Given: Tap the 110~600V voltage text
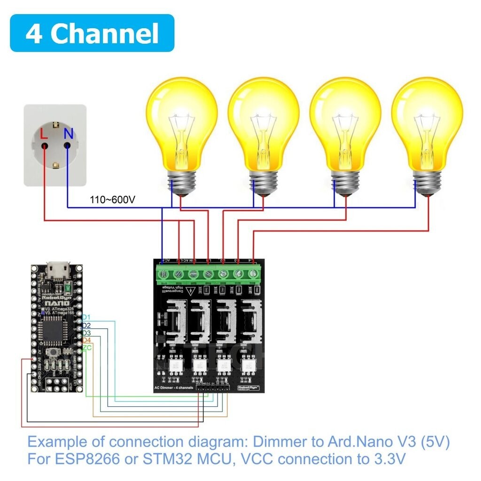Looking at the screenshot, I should coord(113,200).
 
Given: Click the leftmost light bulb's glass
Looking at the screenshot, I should coord(181,123).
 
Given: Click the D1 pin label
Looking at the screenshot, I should coord(86,318).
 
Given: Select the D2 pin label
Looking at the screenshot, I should coord(86,325).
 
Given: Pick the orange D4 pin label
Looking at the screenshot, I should coord(86,340).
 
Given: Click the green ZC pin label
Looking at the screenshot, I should coord(87,348).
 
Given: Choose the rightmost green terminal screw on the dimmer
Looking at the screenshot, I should coord(254,273).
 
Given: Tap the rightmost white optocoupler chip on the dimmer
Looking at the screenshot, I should coord(246,364).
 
